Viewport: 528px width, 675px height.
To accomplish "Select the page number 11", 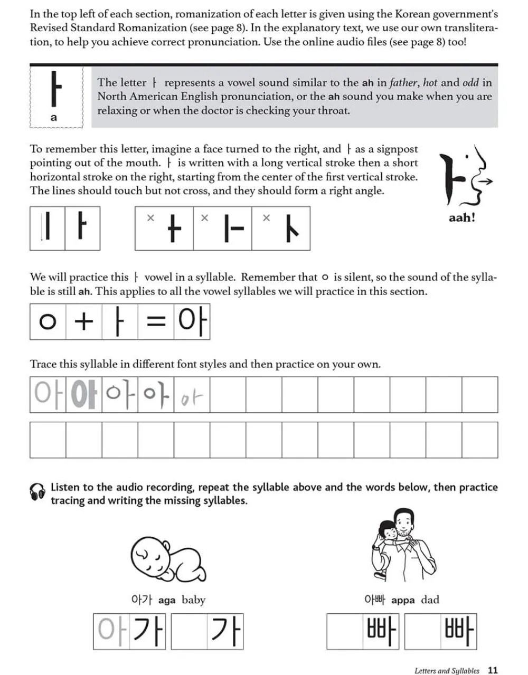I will tap(493, 670).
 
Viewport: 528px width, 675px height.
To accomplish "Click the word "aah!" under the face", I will tap(462, 217).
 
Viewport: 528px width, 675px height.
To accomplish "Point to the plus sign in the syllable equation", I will tap(83, 321).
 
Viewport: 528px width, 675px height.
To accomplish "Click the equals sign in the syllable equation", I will tap(156, 321).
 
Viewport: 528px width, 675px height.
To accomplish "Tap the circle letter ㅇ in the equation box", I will tap(48, 321).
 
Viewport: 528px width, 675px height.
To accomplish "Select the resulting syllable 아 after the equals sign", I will tap(192, 321).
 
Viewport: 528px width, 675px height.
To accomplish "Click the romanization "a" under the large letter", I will tap(53, 118).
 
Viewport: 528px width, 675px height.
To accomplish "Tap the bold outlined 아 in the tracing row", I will tap(83, 394).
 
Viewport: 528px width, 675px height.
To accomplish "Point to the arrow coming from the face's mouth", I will tap(486, 182).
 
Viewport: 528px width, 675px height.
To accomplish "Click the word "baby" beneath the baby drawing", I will tap(193, 600).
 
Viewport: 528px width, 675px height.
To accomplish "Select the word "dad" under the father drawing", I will tap(430, 600).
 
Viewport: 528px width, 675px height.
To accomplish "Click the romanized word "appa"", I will tap(403, 600).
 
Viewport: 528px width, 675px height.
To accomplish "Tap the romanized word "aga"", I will tap(166, 600).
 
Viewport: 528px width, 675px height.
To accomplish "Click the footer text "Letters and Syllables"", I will tap(447, 671).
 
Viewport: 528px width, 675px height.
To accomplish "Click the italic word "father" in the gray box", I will tap(404, 82).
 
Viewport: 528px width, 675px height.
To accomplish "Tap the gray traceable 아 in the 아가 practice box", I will tap(111, 631).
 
